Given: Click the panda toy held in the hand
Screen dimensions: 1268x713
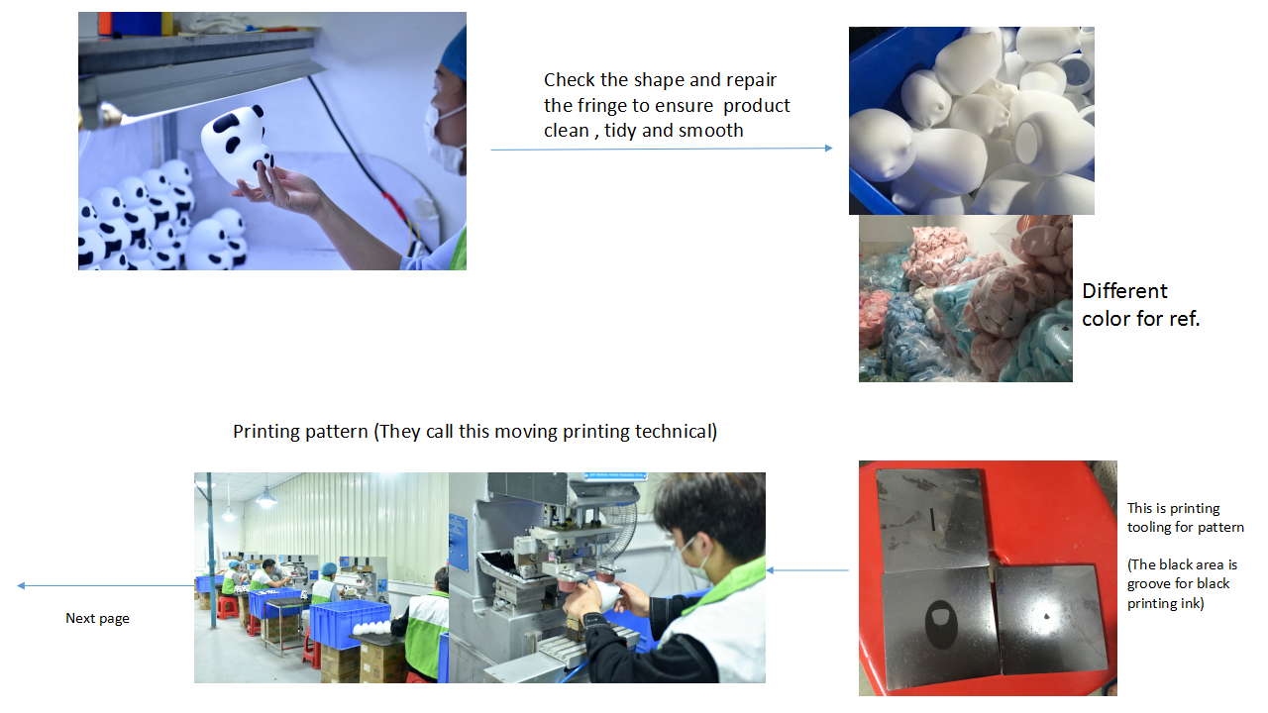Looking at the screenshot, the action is coord(237,144).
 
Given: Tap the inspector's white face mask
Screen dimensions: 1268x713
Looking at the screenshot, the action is coord(445,135).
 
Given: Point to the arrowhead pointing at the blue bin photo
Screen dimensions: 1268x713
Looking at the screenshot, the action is coord(829,149).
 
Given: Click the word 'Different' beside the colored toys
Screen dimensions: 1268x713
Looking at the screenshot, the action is coord(1124,291).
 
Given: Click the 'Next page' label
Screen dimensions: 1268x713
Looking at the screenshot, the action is coord(97,619).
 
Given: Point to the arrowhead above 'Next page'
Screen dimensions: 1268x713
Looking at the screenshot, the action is coord(21,585).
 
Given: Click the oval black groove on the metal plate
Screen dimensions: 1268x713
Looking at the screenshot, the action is coord(941,624).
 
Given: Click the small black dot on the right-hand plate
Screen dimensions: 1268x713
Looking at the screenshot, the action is coord(1046,616).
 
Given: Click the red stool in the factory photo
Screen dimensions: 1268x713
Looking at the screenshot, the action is coord(227,608).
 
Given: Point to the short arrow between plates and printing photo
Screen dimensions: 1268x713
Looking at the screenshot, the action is coord(807,570).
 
